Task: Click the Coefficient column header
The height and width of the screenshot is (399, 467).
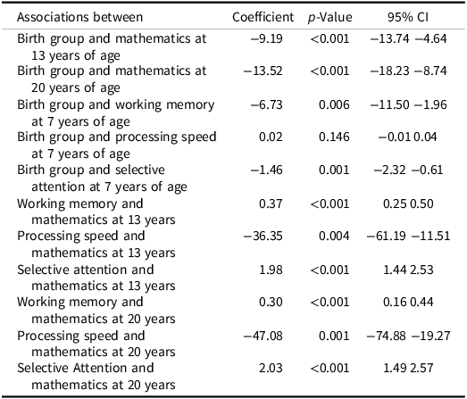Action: pos(263,17)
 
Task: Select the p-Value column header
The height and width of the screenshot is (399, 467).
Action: pos(330,18)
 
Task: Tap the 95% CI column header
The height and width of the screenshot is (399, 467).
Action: pos(408,17)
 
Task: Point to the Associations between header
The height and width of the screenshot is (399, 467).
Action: pos(79,17)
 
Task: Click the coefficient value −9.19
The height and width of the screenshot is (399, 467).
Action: pos(267,38)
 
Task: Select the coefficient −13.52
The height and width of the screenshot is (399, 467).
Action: pos(263,71)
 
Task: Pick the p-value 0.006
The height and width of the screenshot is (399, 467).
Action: pos(334,104)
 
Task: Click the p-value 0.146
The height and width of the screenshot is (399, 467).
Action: pos(334,137)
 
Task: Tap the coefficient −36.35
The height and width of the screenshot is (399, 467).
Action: pos(263,236)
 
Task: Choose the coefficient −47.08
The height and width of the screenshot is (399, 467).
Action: pos(263,336)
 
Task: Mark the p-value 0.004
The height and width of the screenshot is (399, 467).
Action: pos(334,236)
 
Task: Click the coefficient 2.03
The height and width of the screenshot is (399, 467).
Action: pos(271,368)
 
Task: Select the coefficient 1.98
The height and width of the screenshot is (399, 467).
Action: pos(271,270)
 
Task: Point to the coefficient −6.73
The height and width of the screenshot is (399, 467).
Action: pos(267,104)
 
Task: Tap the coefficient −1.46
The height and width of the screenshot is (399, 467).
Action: pos(267,170)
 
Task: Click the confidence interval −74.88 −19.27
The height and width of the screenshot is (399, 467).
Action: pos(408,336)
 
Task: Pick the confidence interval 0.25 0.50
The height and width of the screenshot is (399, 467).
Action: pos(408,204)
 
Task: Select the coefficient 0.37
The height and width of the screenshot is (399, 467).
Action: pos(271,204)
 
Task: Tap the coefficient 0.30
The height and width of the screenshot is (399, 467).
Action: pos(271,302)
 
